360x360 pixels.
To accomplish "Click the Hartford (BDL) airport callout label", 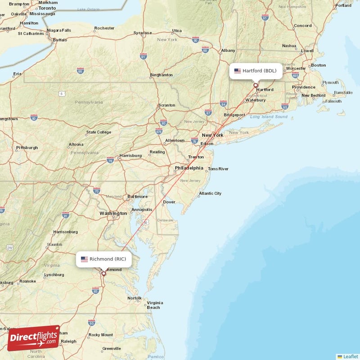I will point(256,71).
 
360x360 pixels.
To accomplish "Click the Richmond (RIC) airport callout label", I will point(104,259).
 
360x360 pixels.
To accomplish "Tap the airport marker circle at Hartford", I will point(256,85).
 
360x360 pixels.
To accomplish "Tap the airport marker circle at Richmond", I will point(103,273).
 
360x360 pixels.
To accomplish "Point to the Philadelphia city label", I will point(189,168).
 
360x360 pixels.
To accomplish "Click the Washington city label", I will point(113,213).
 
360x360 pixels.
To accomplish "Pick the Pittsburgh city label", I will point(27,148).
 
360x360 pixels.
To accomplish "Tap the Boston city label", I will point(318,65).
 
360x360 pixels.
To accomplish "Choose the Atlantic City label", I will point(210,193).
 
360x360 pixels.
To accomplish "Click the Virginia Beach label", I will point(154,305).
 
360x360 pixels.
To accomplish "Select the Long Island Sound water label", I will point(269,117).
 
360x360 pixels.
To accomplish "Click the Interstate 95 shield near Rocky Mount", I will point(92,323).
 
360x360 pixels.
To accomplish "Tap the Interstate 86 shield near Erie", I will point(80,71).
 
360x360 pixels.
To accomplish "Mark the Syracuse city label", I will point(142,33).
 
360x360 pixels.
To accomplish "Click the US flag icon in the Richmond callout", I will point(84,259).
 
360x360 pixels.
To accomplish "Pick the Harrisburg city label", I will point(130,156).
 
